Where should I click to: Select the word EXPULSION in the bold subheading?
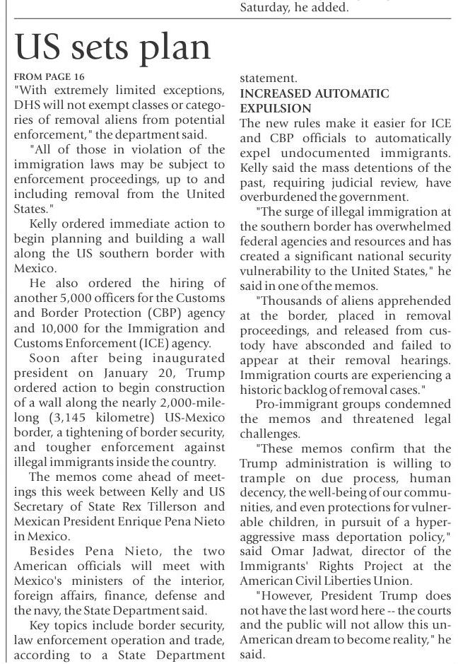click(x=276, y=108)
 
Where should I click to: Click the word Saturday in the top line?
click(x=265, y=8)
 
